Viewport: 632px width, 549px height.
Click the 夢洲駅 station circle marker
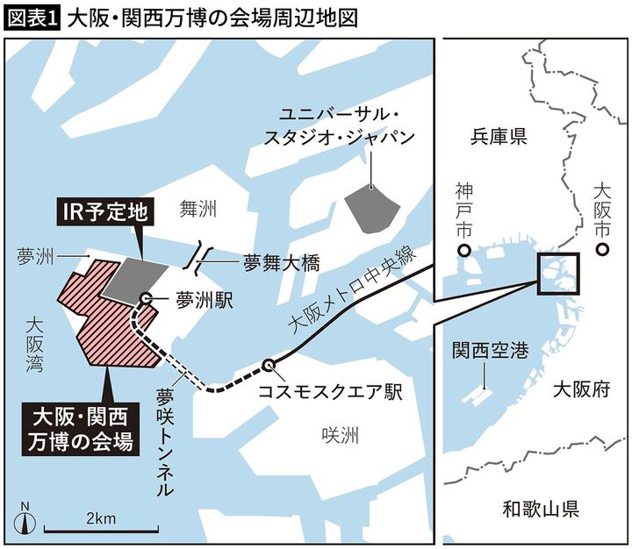(x=146, y=298)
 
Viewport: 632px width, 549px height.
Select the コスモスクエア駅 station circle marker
(x=269, y=366)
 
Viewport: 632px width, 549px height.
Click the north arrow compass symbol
(x=25, y=519)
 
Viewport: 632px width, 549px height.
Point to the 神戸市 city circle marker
(x=463, y=252)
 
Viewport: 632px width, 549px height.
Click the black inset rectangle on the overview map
(x=558, y=273)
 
